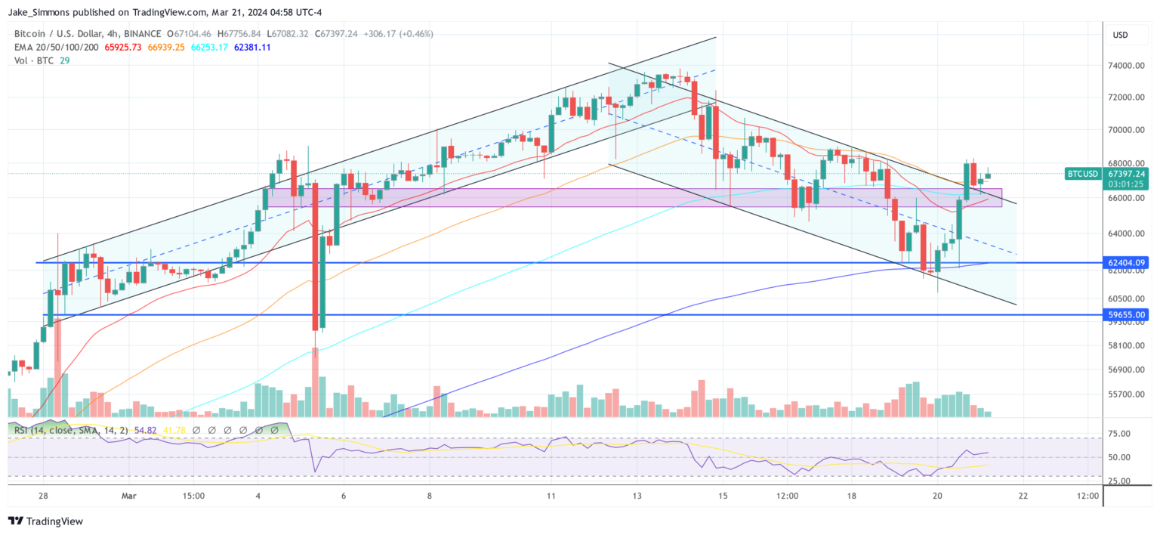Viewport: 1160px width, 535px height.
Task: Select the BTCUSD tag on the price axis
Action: pos(1082,174)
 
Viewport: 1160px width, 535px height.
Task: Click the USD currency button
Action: pos(1120,35)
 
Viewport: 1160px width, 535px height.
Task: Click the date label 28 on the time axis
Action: pos(43,496)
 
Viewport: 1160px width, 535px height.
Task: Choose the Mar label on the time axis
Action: pos(129,496)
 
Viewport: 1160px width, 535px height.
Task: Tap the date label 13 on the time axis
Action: pos(637,496)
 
